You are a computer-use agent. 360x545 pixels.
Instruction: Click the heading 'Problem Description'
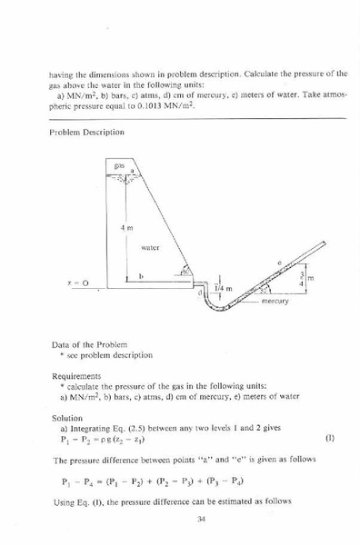[x=87, y=133]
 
